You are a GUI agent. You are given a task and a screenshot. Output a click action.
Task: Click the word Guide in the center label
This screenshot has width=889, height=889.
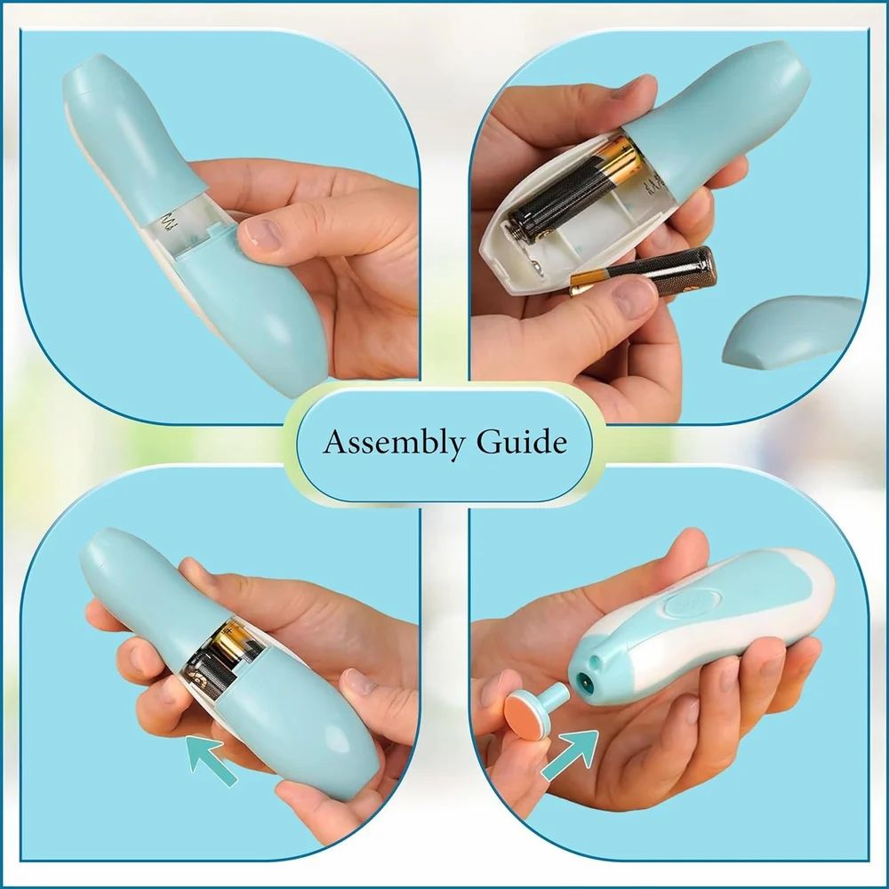click(x=521, y=442)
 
